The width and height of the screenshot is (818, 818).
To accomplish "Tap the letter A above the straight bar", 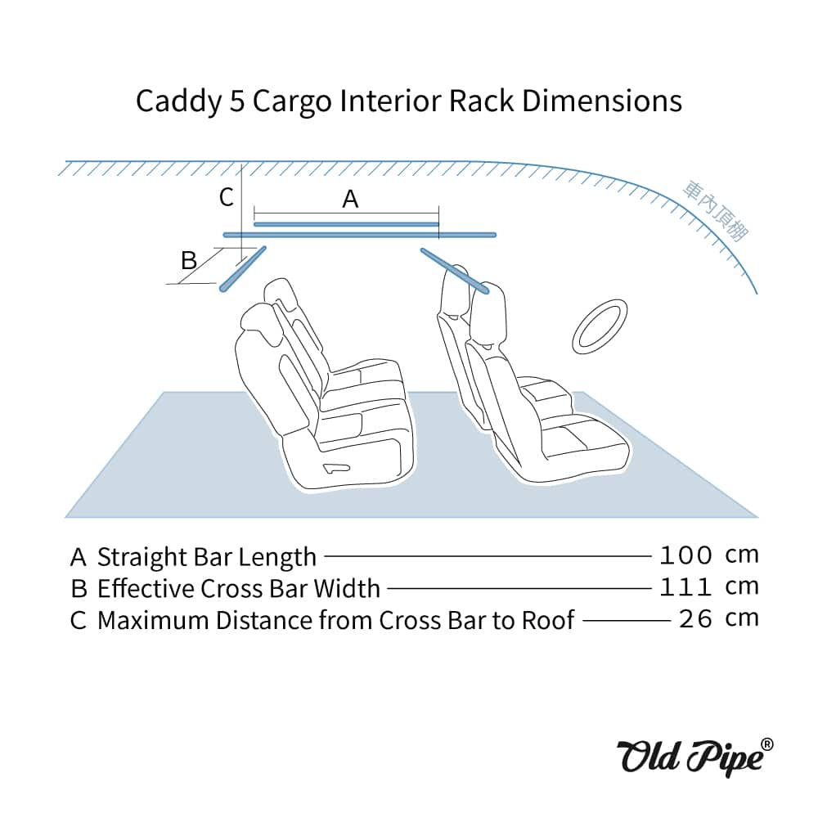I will coord(350,199).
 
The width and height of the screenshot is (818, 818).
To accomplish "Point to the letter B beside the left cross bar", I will coord(189,260).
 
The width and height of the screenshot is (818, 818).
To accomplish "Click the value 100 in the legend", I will coord(685,555).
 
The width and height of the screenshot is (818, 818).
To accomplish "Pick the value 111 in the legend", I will coord(685,587).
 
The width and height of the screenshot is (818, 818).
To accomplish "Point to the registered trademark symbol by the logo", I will coord(766,743).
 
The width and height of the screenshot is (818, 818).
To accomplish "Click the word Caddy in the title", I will coord(173,101).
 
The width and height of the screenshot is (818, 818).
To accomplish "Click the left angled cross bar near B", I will coord(243,268).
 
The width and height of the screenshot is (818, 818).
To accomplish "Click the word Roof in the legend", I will coord(546,620).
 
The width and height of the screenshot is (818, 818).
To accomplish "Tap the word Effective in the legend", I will coord(145,589).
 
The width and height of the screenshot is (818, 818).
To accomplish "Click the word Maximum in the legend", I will coord(153,620).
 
